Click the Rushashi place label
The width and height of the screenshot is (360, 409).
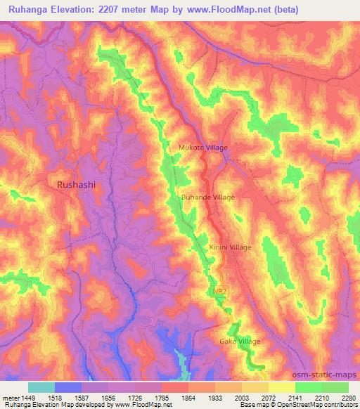(75, 184)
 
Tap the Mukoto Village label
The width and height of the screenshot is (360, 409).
(203, 148)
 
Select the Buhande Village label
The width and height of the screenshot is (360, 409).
(208, 197)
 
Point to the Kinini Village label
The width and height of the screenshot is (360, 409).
(230, 247)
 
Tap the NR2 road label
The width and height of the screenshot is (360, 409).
(218, 290)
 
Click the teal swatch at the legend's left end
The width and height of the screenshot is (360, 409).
(41, 387)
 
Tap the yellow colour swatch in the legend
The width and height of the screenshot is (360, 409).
(281, 387)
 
